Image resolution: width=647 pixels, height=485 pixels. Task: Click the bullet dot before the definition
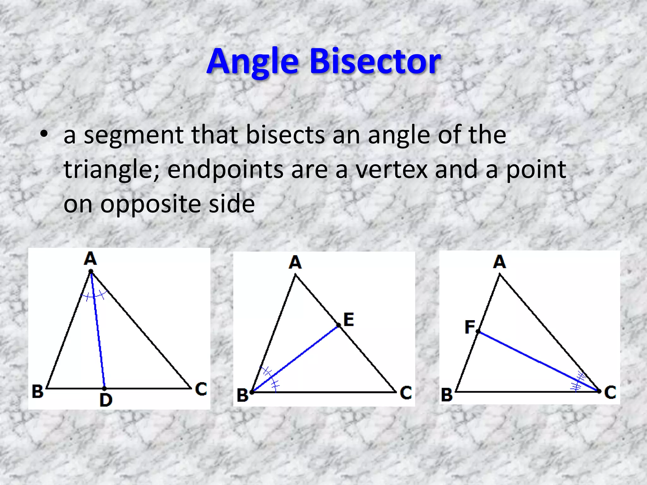[44, 134]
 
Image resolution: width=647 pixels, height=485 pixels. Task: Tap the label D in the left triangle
[106, 400]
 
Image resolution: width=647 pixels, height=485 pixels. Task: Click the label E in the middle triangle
[348, 320]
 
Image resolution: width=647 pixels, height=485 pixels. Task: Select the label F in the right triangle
[469, 327]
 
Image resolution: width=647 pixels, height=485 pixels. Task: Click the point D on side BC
[104, 388]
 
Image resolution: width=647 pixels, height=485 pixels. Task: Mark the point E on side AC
[338, 325]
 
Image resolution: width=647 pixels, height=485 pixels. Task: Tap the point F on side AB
[478, 332]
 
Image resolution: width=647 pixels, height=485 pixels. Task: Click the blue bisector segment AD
[98, 332]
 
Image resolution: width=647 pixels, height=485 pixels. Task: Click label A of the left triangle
[90, 259]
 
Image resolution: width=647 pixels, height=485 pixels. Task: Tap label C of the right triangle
[610, 392]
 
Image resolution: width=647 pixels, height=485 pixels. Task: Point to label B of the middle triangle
[243, 395]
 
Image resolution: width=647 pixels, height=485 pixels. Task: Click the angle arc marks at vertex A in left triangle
[94, 296]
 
